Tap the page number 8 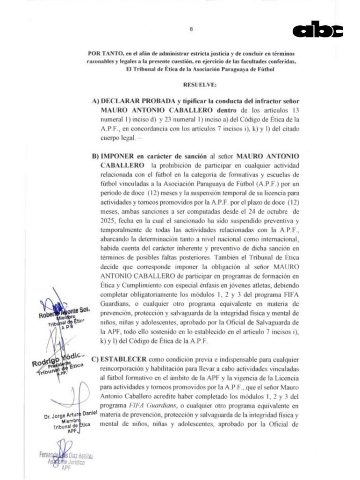coord(191,29)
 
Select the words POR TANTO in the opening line coord(102,54)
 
